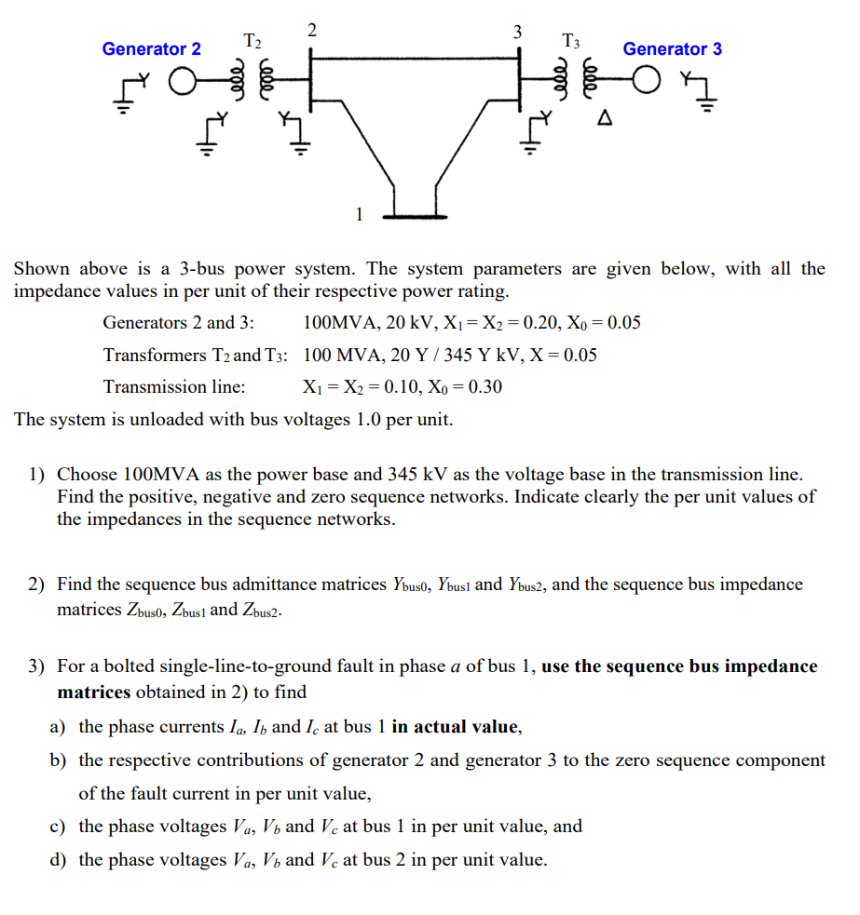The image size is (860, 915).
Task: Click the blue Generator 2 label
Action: [x=151, y=48]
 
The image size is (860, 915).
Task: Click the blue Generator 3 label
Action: [x=672, y=48]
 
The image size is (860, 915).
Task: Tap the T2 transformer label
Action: [x=253, y=41]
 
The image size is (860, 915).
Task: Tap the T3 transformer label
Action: [x=571, y=41]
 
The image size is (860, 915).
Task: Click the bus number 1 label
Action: [x=358, y=214]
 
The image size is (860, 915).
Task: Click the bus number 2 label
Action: [x=311, y=28]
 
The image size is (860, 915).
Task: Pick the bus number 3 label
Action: [x=516, y=33]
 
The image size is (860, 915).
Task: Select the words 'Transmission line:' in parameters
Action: [x=174, y=386]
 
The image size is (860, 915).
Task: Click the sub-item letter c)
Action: [x=58, y=827]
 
